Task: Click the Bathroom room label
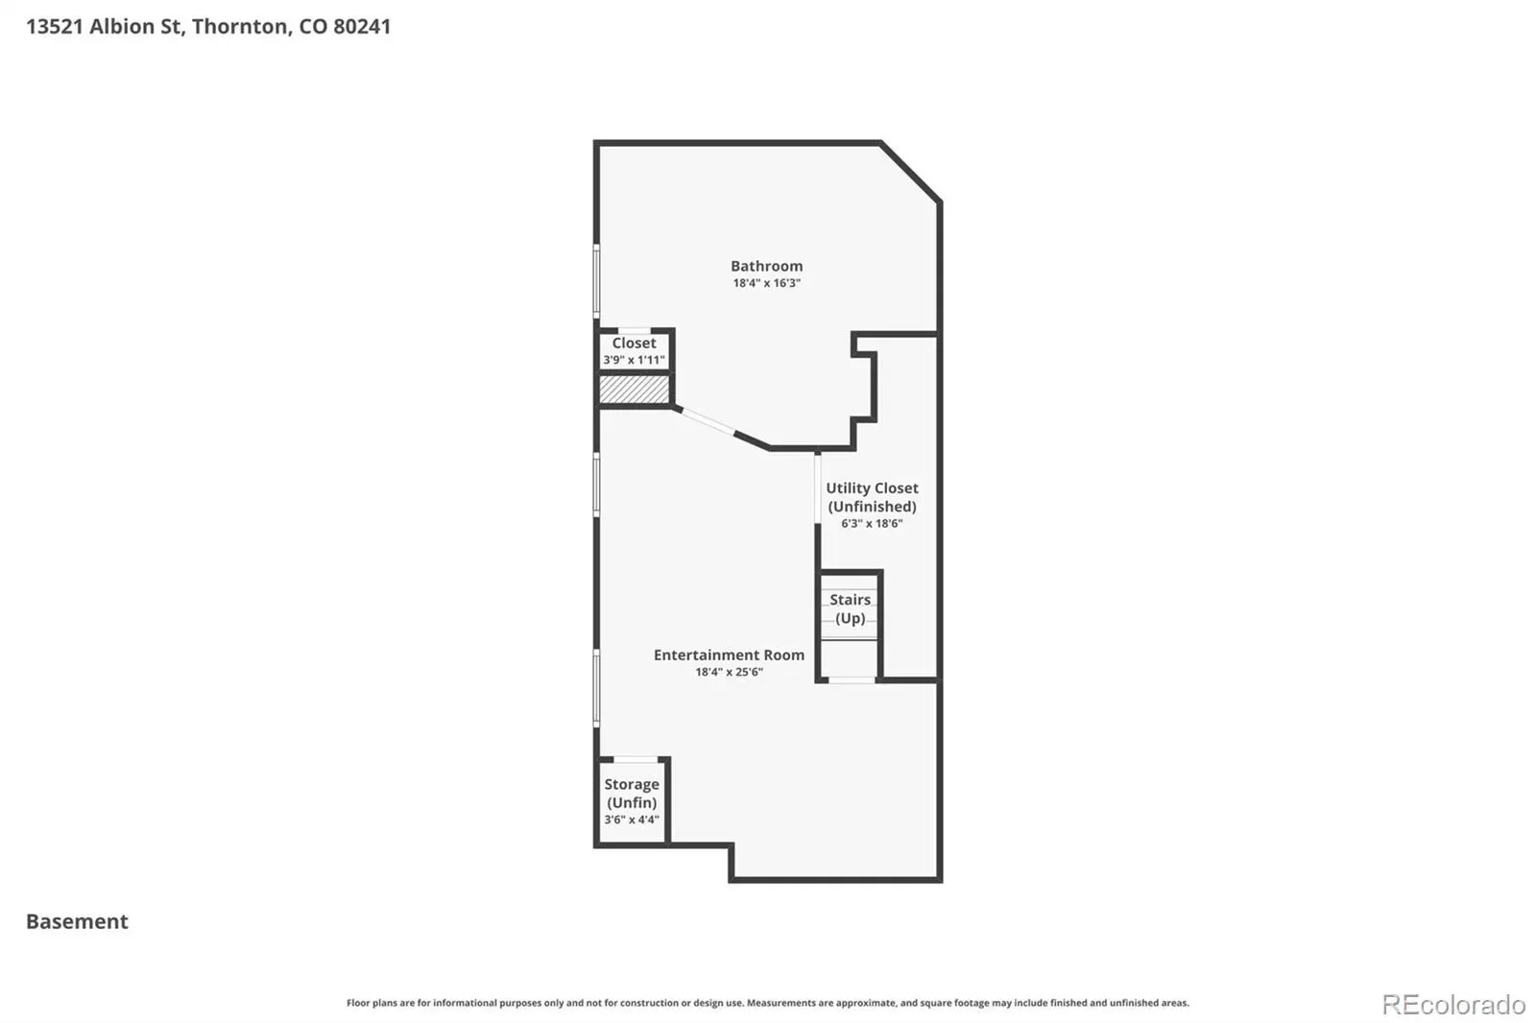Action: pos(766,266)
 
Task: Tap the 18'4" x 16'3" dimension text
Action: pos(766,283)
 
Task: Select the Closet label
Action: pos(634,343)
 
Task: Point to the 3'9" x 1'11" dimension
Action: pos(634,360)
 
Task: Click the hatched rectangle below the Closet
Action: pos(635,390)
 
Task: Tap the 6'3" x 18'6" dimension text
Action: pos(872,524)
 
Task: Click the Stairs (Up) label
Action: pos(851,608)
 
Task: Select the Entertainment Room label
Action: pos(729,654)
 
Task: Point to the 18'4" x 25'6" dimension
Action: pos(729,672)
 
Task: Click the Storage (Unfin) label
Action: pos(632,794)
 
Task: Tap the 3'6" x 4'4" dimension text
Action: pos(632,821)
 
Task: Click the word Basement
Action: pos(77,921)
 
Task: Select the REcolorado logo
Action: pos(1453,1005)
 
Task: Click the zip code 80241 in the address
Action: pos(362,26)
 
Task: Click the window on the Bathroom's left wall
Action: pos(596,281)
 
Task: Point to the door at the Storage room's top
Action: pos(635,759)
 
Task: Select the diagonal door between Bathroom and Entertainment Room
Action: pos(708,421)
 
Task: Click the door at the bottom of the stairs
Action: pos(852,680)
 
